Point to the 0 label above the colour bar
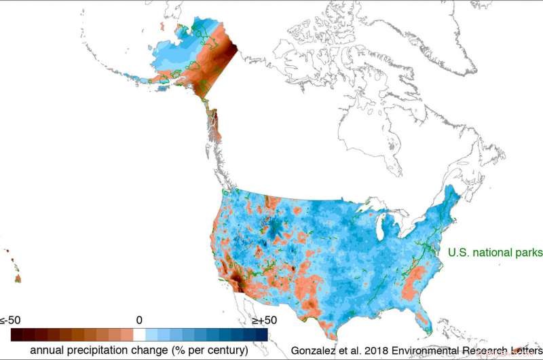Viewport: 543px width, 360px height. pyautogui.click(x=139, y=320)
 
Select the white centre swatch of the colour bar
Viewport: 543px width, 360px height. pyautogui.click(x=139, y=334)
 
